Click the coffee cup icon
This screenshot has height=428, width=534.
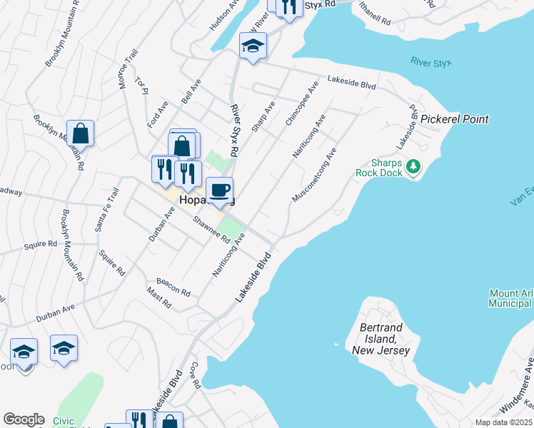click(x=220, y=190)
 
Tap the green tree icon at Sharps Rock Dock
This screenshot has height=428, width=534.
click(x=413, y=167)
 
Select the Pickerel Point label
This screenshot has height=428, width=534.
click(x=454, y=119)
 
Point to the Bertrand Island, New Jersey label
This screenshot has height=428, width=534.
click(x=381, y=340)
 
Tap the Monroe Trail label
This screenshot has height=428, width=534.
click(x=126, y=69)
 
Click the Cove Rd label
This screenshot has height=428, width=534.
click(x=194, y=374)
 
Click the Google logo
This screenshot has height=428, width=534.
click(x=24, y=419)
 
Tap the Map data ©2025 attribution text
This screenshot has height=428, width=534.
click(x=503, y=422)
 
